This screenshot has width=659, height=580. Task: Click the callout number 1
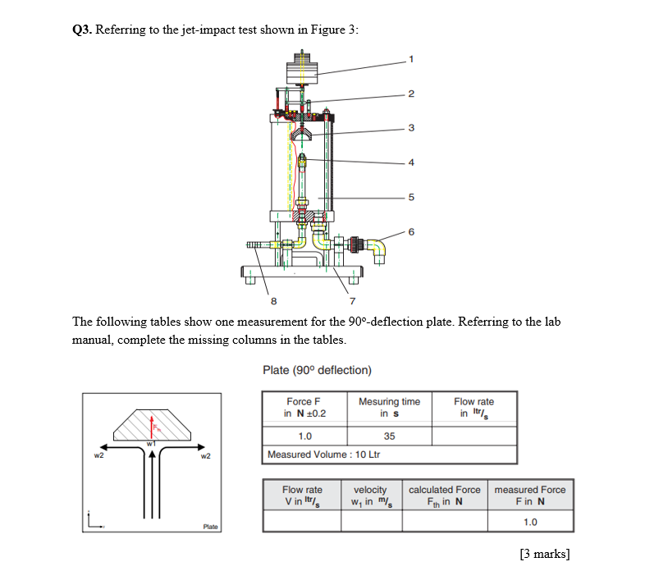tap(412, 57)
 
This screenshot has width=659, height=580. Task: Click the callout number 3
tap(412, 127)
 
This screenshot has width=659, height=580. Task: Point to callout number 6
tap(412, 232)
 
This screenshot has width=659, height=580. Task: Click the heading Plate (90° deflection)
tap(317, 370)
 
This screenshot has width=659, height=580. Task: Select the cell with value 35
tap(389, 436)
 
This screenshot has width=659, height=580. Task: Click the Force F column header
tap(304, 407)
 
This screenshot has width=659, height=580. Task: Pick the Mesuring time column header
tap(389, 407)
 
